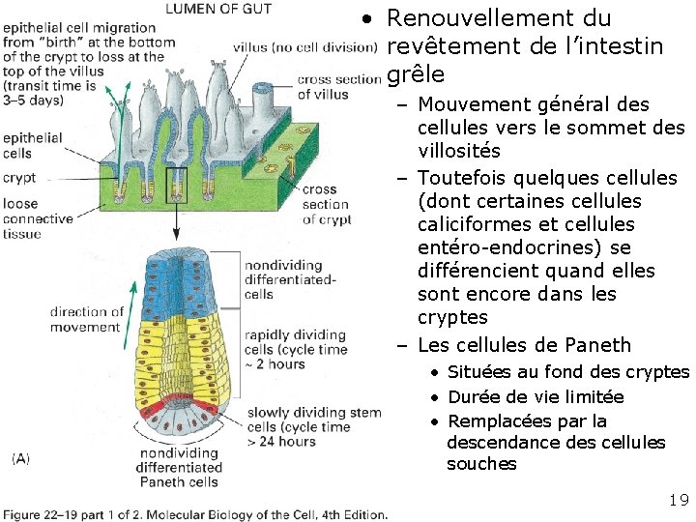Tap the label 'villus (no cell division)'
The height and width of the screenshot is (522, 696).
tap(304, 47)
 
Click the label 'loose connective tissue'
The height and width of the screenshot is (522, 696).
tap(37, 218)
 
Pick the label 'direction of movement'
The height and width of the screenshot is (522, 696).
tap(87, 319)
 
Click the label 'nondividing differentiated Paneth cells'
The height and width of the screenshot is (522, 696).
tap(181, 468)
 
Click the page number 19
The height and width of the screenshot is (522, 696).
tap(678, 500)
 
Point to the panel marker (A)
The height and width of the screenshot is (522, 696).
tap(20, 458)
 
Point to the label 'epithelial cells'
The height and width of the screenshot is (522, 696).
tap(32, 145)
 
